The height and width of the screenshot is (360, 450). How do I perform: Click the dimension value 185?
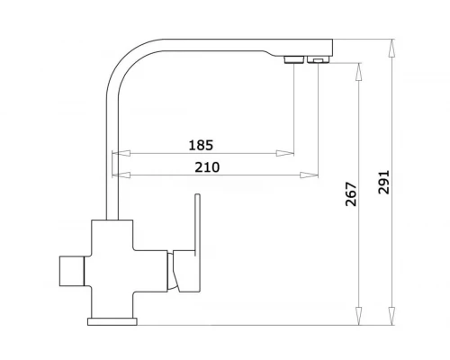coord(201,145)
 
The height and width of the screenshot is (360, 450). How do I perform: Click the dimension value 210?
coord(207,167)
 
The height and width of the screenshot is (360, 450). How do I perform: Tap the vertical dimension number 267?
coord(351,194)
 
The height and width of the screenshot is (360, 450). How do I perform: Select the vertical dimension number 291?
coord(383,183)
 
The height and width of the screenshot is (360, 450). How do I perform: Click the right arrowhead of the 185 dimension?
coord(285,153)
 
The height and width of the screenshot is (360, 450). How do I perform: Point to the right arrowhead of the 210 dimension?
coord(309,175)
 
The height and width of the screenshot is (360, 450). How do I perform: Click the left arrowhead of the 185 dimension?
coord(121,153)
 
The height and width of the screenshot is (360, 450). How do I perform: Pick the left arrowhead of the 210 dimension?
coord(121,175)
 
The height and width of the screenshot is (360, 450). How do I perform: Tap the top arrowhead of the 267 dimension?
coord(358,72)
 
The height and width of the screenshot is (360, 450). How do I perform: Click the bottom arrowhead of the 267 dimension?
coord(358,316)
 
